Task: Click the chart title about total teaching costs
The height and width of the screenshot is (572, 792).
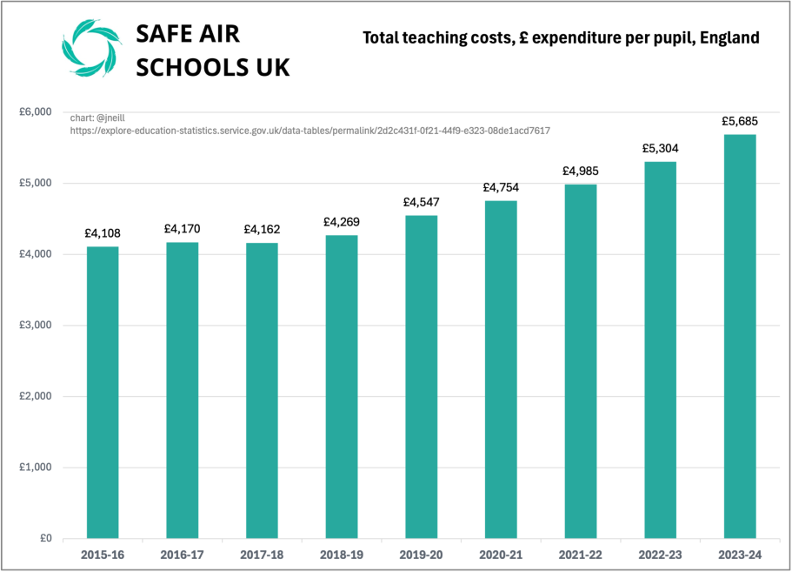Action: [561, 37]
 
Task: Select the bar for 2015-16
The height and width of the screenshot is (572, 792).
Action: [103, 392]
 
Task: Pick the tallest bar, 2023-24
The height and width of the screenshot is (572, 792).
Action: [740, 336]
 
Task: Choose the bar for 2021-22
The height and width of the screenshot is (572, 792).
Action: [581, 360]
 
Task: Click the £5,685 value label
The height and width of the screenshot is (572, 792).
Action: [740, 121]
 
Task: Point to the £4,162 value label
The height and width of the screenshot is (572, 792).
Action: [262, 229]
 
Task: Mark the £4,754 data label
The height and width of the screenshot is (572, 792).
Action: [501, 187]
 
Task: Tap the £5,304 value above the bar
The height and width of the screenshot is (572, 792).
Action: [660, 148]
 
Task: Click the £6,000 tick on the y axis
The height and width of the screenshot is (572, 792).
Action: [36, 112]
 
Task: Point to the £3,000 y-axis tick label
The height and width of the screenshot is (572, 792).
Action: [36, 326]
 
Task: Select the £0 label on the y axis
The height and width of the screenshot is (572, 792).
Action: [44, 538]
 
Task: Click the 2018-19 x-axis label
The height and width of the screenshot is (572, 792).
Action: [341, 554]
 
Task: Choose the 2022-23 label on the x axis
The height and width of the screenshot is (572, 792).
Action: [660, 554]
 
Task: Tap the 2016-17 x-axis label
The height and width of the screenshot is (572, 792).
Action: [182, 554]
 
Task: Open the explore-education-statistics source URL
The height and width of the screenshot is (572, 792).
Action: [309, 130]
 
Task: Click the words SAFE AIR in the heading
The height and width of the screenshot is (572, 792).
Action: [188, 33]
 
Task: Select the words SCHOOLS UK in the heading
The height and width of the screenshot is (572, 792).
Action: [213, 67]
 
